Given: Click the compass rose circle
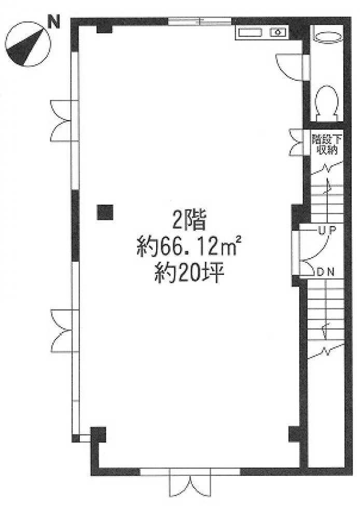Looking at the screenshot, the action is (28, 44).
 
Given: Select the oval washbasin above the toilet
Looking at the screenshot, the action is (328, 36).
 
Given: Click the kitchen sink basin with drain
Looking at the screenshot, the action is (278, 32).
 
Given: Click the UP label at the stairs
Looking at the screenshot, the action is (326, 230).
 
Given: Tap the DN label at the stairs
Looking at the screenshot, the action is (326, 272).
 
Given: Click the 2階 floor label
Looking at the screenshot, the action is (189, 222).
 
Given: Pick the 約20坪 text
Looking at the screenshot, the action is (189, 273).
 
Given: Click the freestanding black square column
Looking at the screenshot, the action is (105, 213).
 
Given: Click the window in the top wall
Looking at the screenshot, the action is (200, 21).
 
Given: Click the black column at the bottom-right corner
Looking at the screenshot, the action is (296, 434).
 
